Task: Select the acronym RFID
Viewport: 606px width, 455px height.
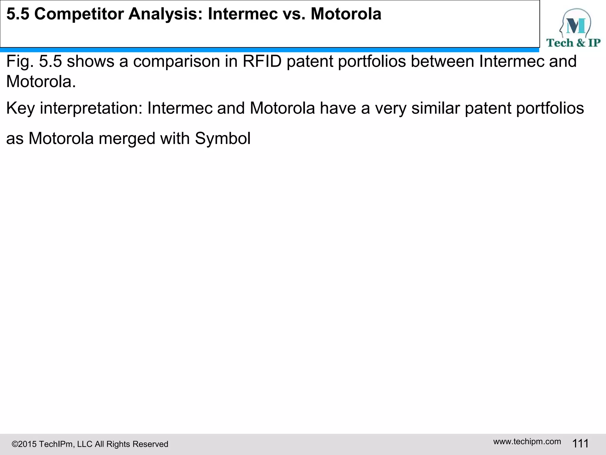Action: click(x=262, y=61)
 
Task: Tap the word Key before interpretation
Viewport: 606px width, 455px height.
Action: click(x=20, y=108)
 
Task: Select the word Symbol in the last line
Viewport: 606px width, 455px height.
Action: click(x=223, y=138)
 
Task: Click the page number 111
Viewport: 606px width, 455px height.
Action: click(x=580, y=443)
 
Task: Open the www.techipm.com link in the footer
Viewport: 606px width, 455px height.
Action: click(x=527, y=441)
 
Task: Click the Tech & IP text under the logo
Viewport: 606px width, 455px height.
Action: click(x=573, y=43)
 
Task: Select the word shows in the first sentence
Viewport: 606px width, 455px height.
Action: click(x=91, y=61)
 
